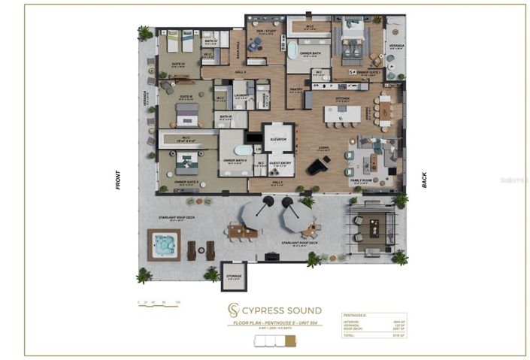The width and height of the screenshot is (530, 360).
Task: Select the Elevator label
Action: point(277,137)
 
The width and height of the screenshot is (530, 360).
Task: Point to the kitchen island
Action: point(342,114)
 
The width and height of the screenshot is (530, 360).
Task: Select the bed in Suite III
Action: point(187,113)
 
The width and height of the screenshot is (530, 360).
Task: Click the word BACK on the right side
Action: point(425,180)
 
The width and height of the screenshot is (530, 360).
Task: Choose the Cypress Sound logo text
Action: point(284,310)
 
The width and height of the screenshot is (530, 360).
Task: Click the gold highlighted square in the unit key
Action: point(280,340)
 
